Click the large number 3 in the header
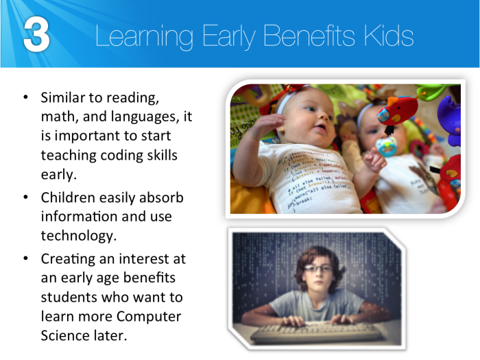pyautogui.click(x=36, y=35)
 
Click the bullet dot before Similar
pyautogui.click(x=25, y=98)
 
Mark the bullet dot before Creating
pyautogui.click(x=25, y=260)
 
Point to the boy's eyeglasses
pyautogui.click(x=316, y=269)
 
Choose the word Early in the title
pyautogui.click(x=224, y=36)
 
